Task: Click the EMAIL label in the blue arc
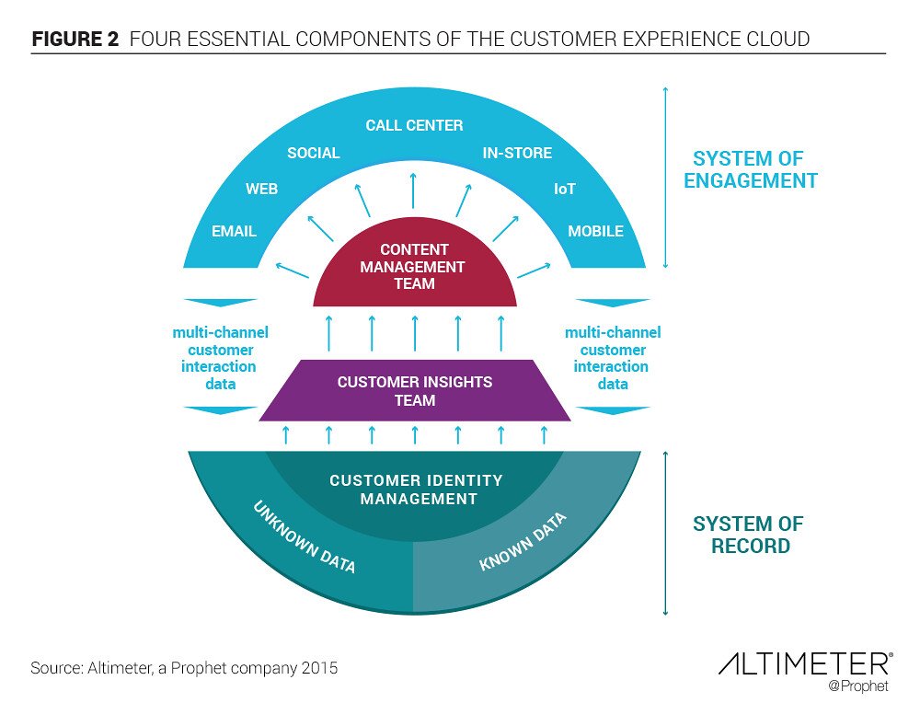coord(234,231)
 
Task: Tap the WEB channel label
coord(261,190)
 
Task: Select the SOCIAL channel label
coord(314,153)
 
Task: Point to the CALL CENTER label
coord(414,125)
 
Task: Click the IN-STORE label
coord(517,153)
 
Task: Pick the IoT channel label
coord(564,190)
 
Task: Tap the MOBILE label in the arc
coord(595,231)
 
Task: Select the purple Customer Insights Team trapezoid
coord(414,391)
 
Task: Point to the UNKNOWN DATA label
coord(305,537)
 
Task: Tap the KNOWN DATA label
coord(523,541)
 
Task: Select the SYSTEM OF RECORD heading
coord(747,535)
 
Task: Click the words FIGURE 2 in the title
coord(75,40)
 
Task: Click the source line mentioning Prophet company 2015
coord(184,668)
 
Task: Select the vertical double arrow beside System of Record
coord(665,534)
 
